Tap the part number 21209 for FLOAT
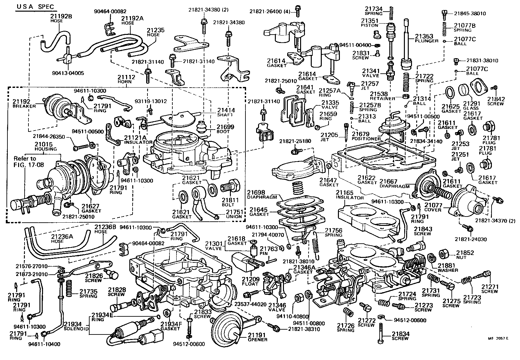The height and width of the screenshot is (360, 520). [250, 279]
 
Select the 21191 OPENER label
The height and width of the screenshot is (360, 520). [257, 337]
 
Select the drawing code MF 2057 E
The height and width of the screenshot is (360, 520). [498, 338]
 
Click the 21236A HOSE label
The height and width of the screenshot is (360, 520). [62, 239]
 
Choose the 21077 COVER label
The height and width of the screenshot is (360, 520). [433, 207]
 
